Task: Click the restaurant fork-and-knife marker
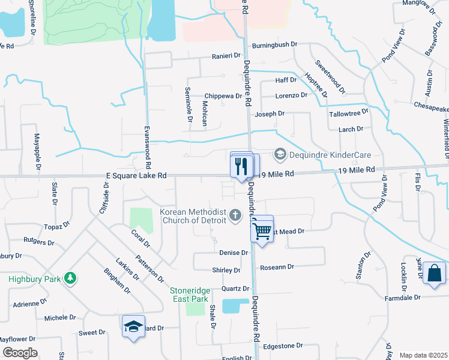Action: [x=242, y=166]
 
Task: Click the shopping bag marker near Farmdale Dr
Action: [x=434, y=274]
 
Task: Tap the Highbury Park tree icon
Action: [x=71, y=278]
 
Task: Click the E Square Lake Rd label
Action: [x=133, y=175]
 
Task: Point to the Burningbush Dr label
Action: [x=275, y=44]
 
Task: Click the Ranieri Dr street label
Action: [x=225, y=56]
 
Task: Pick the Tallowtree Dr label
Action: [x=349, y=113]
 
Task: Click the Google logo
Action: [x=20, y=353]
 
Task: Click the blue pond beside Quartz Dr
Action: [x=235, y=306]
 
